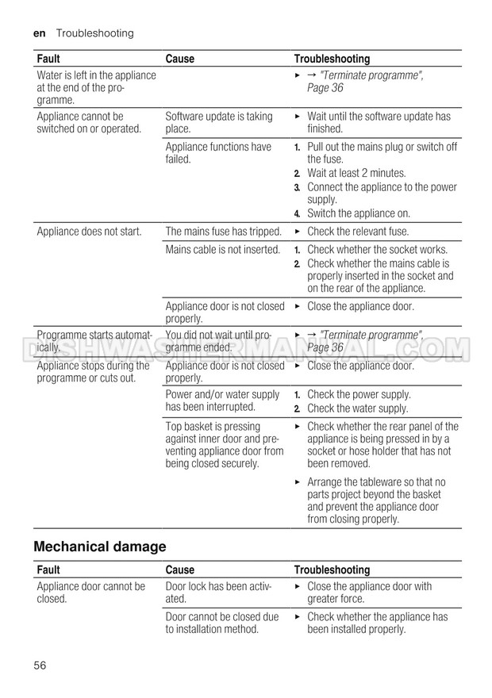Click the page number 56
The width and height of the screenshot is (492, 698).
tap(40, 665)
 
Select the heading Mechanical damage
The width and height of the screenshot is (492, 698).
tap(100, 547)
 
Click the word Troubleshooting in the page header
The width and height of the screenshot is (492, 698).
tap(94, 33)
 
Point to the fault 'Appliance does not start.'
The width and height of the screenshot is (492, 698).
tap(89, 232)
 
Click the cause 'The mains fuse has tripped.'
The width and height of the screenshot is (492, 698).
tap(223, 232)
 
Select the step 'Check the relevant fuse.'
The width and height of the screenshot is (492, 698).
tap(358, 232)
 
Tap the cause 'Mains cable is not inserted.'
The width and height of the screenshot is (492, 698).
tap(222, 250)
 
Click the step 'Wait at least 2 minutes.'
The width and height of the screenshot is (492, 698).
tap(356, 173)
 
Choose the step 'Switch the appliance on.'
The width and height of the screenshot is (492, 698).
tap(359, 213)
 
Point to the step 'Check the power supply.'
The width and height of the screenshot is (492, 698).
tap(359, 394)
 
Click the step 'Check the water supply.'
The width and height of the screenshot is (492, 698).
tap(357, 408)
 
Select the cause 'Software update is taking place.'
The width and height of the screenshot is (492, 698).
tap(219, 122)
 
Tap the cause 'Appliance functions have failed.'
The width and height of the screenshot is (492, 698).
tap(218, 152)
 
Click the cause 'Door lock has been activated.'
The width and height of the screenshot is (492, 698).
tap(218, 593)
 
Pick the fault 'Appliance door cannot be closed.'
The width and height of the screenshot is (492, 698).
tap(90, 593)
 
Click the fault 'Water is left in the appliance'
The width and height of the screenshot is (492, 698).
tap(96, 75)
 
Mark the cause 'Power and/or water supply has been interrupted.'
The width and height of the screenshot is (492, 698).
tap(222, 401)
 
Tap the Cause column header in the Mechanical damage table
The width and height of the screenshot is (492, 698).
tap(179, 570)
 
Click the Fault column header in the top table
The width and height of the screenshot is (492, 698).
tap(48, 59)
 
